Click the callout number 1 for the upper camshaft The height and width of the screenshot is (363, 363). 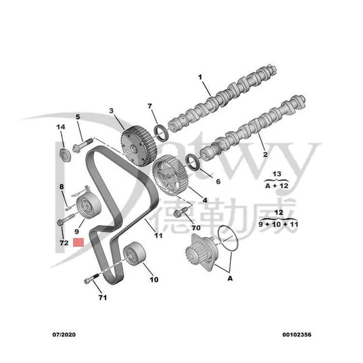click(x=200, y=77)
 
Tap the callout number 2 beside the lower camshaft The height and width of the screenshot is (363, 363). click(x=265, y=154)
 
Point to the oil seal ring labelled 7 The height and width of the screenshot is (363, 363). click(x=161, y=133)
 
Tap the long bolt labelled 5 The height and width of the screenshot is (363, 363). click(x=82, y=144)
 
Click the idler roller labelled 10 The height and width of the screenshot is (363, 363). click(x=134, y=254)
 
